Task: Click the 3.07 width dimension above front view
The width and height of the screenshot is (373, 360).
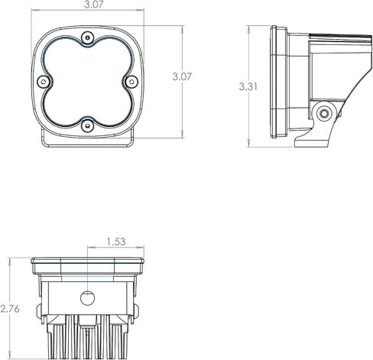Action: (93, 5)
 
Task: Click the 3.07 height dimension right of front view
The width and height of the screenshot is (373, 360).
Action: (182, 76)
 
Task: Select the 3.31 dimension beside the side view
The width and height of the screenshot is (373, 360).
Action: (248, 87)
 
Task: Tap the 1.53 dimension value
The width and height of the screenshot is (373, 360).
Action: (116, 242)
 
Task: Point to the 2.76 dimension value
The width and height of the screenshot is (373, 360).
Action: (10, 309)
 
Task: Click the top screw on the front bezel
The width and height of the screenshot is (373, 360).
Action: (88, 38)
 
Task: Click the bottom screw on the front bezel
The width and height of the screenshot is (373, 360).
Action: (88, 126)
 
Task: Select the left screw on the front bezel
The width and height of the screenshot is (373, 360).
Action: (44, 82)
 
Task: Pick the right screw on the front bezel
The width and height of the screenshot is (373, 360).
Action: (131, 82)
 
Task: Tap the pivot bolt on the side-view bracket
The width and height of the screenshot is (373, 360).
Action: (324, 113)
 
